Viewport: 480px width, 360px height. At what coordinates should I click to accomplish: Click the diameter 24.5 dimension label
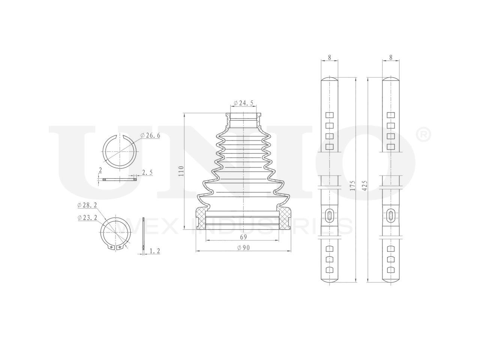[243, 103]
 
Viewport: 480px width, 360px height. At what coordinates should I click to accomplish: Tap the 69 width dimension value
[243, 237]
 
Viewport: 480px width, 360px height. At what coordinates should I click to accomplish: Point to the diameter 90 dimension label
[243, 247]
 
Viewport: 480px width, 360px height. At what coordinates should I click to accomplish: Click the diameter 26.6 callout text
[150, 135]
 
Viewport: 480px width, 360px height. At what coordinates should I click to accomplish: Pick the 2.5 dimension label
[147, 172]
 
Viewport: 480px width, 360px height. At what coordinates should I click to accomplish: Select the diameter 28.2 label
[87, 205]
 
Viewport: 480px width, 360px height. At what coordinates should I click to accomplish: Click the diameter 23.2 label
[87, 217]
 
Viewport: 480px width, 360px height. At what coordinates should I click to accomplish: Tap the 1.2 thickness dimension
[155, 251]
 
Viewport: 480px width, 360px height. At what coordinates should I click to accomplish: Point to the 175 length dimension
[352, 186]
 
